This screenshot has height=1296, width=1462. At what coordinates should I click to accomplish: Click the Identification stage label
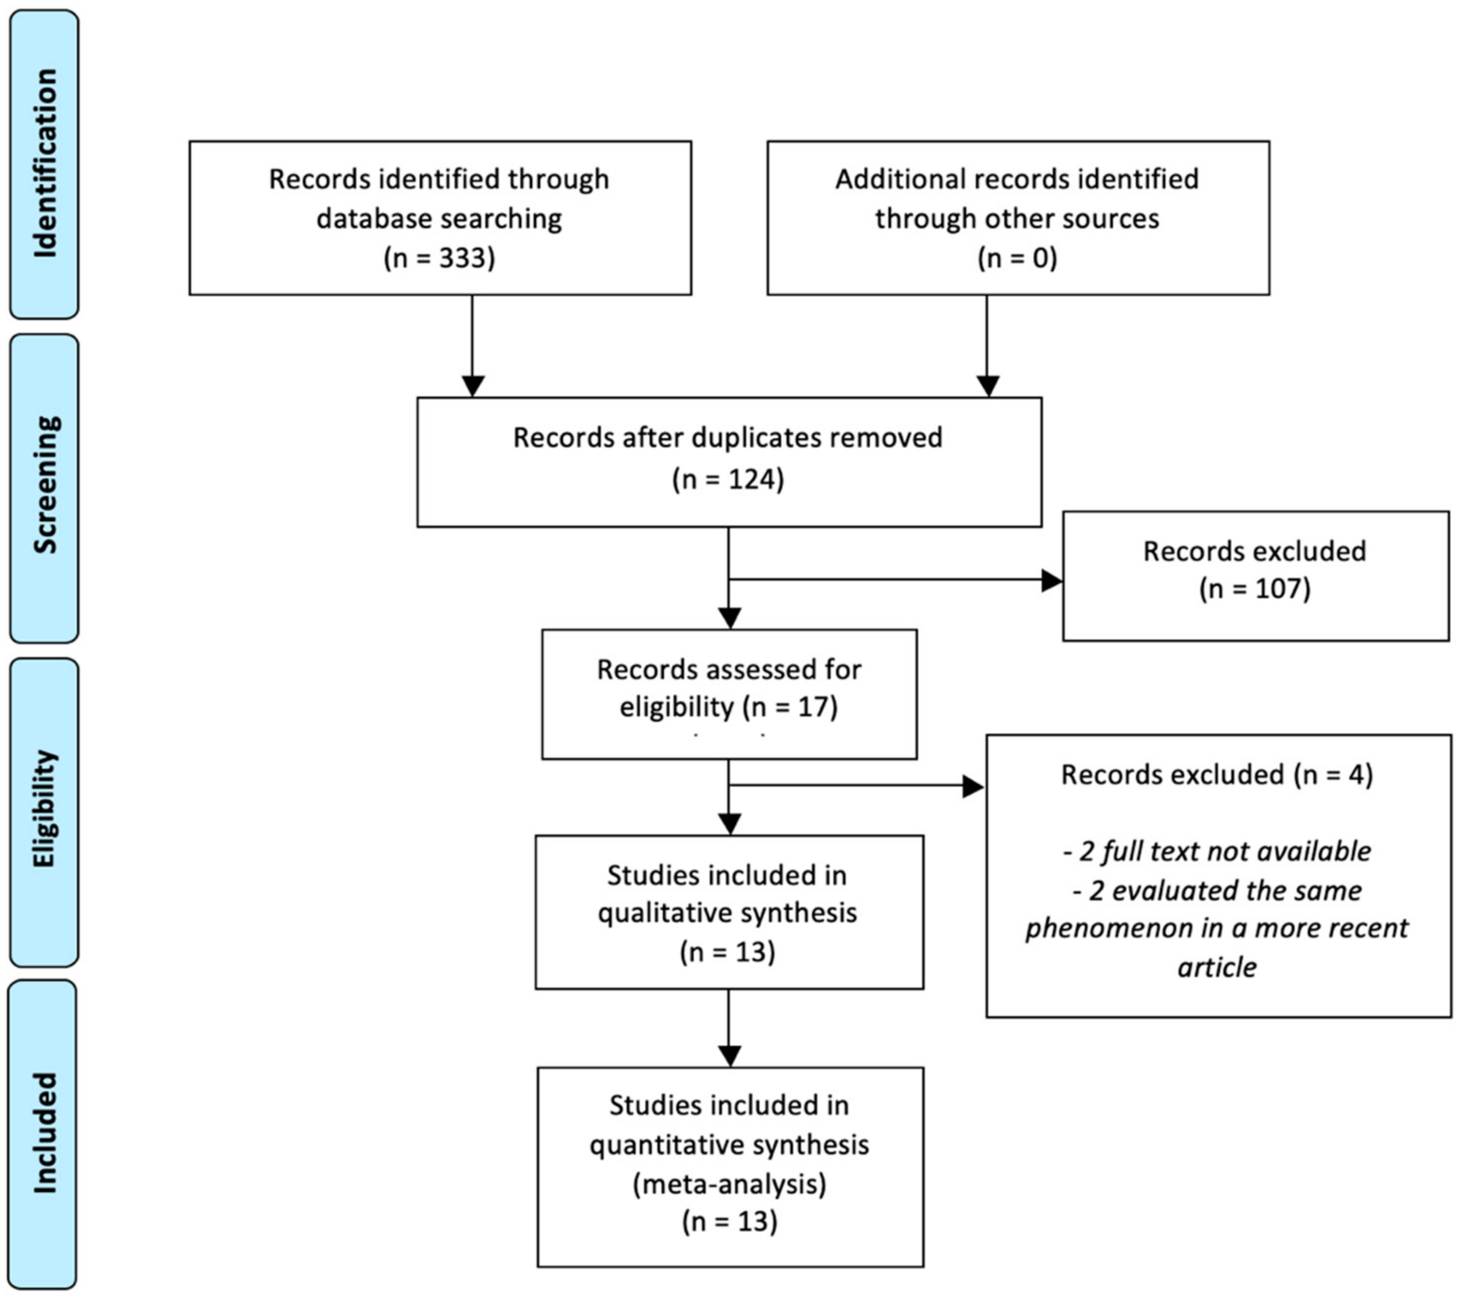point(45,163)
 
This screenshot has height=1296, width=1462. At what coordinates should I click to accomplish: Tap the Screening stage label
point(45,486)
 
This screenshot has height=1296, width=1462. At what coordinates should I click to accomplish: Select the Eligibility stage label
point(45,810)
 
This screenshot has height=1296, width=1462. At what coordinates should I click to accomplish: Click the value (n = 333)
point(439,258)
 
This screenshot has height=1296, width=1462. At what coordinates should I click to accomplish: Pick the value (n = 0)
point(1017,258)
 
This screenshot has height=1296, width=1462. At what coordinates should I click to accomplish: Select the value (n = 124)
point(728,479)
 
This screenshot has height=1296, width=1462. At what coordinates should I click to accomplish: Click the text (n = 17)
point(790,707)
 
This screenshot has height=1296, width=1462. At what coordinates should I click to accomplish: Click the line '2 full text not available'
point(1217,851)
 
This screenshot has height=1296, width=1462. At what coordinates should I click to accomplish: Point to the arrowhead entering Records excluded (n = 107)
point(1051,581)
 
